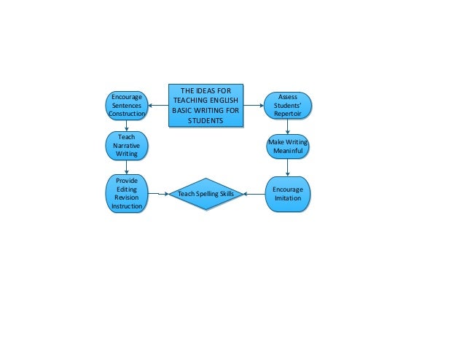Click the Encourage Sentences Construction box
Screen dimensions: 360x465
tap(127, 105)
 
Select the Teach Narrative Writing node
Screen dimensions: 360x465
tap(127, 145)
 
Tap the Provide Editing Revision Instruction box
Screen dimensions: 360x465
tap(127, 193)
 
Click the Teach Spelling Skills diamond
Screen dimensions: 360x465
tap(206, 194)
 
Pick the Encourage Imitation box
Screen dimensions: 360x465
tap(287, 194)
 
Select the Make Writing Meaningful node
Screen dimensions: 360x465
tap(287, 146)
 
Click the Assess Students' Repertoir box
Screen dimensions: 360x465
tap(287, 105)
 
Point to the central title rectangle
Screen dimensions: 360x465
tap(205, 106)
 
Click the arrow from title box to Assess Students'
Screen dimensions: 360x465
tap(253, 106)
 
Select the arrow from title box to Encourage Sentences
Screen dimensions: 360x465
tap(157, 106)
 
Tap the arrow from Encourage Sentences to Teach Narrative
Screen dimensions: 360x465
tap(128, 126)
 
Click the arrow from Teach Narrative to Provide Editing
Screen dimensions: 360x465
tap(128, 167)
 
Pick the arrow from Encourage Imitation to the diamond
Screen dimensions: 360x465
tap(254, 194)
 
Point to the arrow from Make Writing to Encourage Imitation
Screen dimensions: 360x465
tap(288, 168)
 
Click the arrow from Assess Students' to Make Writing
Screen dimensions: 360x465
tap(288, 126)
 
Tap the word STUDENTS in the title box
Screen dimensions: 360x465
tap(205, 120)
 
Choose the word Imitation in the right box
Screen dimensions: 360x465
tap(287, 199)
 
